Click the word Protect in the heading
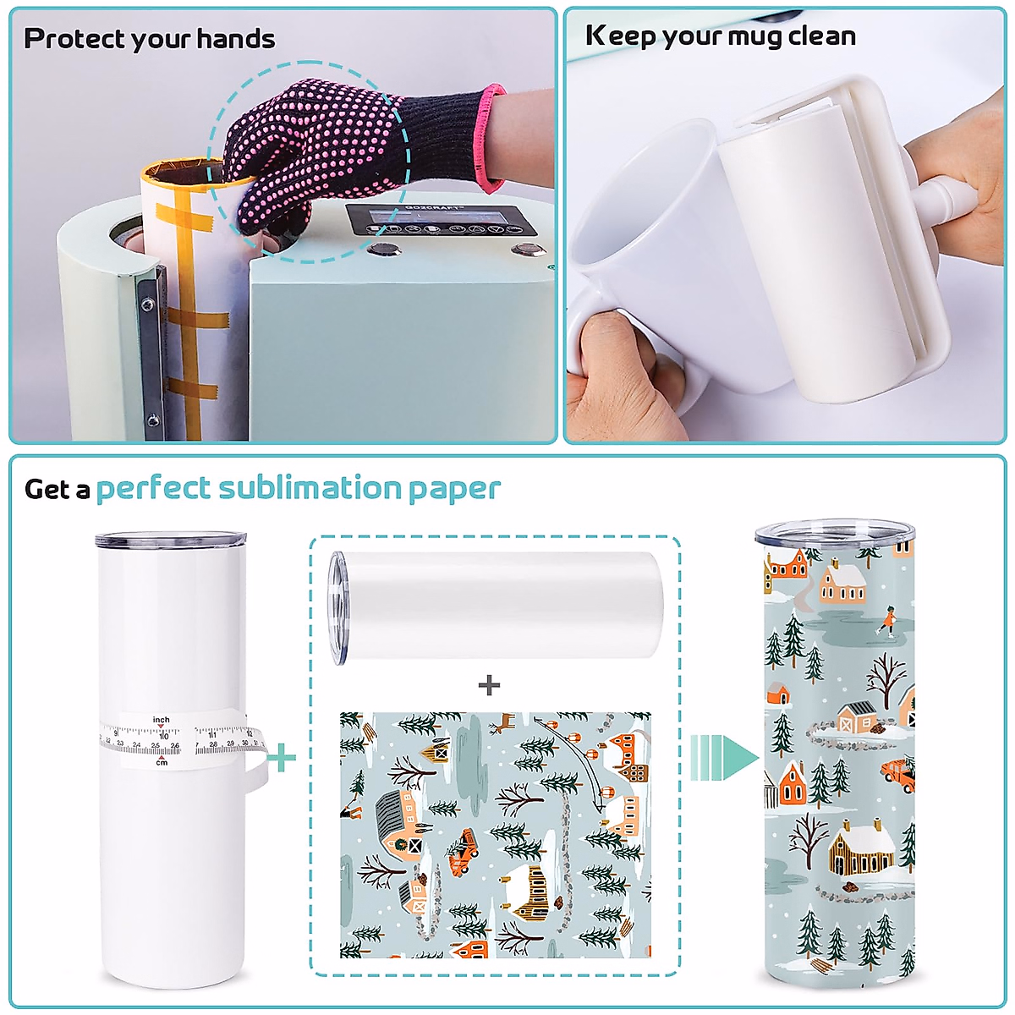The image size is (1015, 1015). coord(74,39)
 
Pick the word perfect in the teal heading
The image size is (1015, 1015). coord(152,489)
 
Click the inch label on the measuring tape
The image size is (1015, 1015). coord(161,720)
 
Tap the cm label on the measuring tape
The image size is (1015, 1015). coord(162,762)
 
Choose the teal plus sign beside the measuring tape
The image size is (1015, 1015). coord(282,756)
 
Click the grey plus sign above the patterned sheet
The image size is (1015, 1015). coord(489,684)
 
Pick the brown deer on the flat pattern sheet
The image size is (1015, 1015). coord(504,722)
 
